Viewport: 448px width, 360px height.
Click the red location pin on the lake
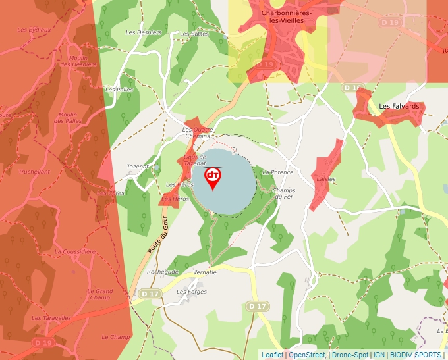point(213,177)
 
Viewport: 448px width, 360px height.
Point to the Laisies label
point(325,179)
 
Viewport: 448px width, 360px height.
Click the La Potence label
point(277,172)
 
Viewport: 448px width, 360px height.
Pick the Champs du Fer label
point(283,193)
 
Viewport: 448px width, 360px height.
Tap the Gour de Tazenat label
point(196,160)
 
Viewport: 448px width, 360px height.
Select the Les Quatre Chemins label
point(198,132)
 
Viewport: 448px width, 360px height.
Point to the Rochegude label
point(162,271)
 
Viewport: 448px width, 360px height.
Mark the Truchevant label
point(34,172)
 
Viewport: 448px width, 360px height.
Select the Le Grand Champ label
point(100,294)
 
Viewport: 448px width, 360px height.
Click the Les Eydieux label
point(33,30)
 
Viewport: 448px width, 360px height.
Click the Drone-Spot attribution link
point(350,355)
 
